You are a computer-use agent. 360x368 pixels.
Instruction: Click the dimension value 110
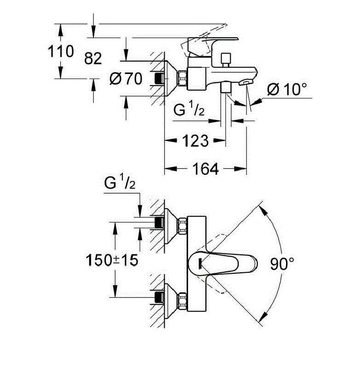click(x=62, y=51)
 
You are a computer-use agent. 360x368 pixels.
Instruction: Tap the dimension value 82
click(x=93, y=58)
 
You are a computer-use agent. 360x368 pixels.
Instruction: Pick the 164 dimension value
click(x=206, y=169)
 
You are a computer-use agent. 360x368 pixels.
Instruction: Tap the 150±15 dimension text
click(x=111, y=260)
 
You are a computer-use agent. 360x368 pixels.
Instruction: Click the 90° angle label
click(x=282, y=264)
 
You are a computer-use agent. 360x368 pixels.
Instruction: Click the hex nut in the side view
click(x=183, y=78)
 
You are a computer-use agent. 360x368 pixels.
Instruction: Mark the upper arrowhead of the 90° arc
click(x=263, y=210)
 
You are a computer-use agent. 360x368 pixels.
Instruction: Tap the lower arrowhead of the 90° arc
click(x=263, y=317)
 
